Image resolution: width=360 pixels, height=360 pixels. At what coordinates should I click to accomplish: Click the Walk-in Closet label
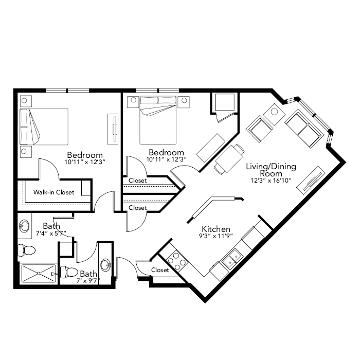[53, 192]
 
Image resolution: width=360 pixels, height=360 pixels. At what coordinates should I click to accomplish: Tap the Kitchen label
[216, 229]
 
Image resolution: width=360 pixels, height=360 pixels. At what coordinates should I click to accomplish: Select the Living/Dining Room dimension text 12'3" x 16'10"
[271, 180]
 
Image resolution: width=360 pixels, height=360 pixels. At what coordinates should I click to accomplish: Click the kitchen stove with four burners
[177, 261]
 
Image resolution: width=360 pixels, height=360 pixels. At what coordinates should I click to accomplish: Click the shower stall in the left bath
[39, 273]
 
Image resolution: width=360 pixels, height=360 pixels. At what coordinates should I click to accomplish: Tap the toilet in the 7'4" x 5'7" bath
[26, 250]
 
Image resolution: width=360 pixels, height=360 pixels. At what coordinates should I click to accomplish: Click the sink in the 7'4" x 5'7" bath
[24, 226]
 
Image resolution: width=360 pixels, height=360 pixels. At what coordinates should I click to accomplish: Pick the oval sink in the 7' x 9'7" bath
[106, 265]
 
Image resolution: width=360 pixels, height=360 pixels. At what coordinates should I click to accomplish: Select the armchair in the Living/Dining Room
[259, 129]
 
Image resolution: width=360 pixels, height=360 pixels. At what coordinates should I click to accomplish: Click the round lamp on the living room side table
[274, 112]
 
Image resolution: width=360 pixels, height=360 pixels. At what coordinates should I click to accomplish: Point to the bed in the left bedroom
[44, 127]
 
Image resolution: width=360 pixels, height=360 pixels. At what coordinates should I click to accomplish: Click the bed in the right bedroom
[158, 120]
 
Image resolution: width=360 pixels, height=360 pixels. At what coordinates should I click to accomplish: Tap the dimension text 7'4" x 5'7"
[51, 233]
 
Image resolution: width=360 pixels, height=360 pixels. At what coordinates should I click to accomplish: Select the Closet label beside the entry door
[160, 270]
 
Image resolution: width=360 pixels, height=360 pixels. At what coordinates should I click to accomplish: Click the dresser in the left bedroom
[113, 129]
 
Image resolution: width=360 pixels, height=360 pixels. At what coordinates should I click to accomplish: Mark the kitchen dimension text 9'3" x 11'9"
[216, 236]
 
